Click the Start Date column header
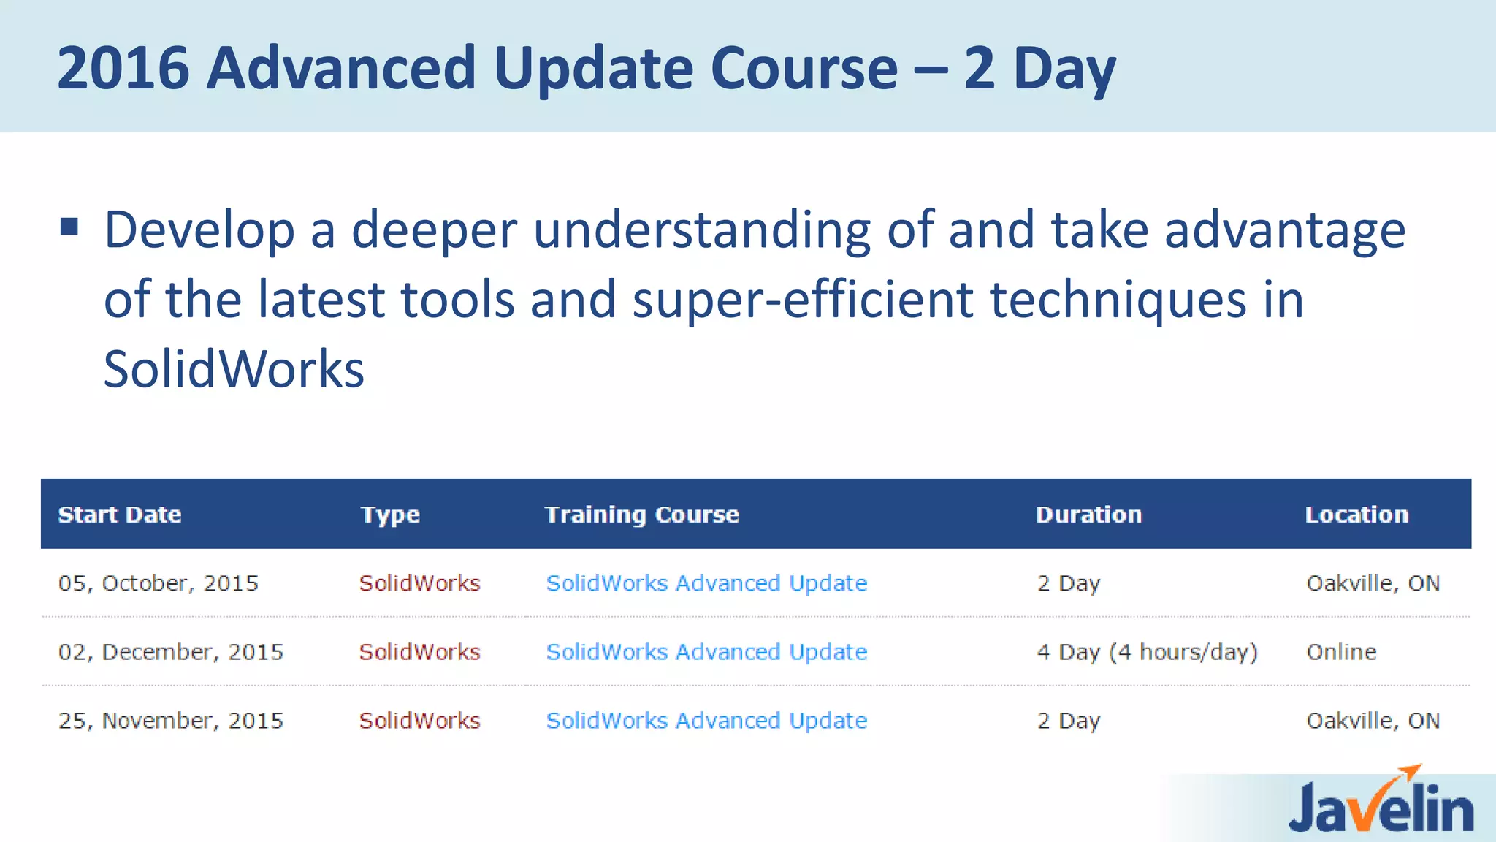pyautogui.click(x=120, y=515)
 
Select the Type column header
pyautogui.click(x=390, y=515)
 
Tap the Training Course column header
pyautogui.click(x=642, y=515)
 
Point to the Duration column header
pyautogui.click(x=1088, y=515)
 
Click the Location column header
pyautogui.click(x=1356, y=515)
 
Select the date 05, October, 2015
pyautogui.click(x=159, y=583)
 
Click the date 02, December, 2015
pyautogui.click(x=171, y=652)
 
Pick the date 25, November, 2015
pyautogui.click(x=171, y=721)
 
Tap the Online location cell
pyautogui.click(x=1341, y=652)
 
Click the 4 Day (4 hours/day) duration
pyautogui.click(x=1147, y=652)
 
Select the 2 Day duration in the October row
pyautogui.click(x=1068, y=583)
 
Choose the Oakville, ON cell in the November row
pyautogui.click(x=1373, y=721)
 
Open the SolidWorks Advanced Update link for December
pyautogui.click(x=706, y=652)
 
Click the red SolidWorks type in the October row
pyautogui.click(x=419, y=583)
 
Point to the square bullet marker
pyautogui.click(x=69, y=227)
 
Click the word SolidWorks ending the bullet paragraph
pyautogui.click(x=234, y=369)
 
